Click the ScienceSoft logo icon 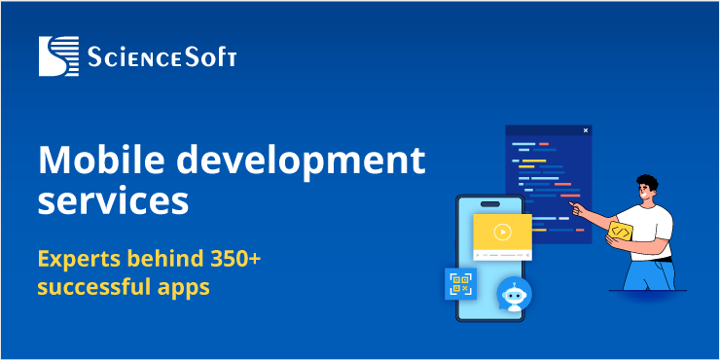click(57, 56)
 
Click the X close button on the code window click(585, 130)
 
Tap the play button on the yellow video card click(502, 232)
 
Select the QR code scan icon click(460, 284)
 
